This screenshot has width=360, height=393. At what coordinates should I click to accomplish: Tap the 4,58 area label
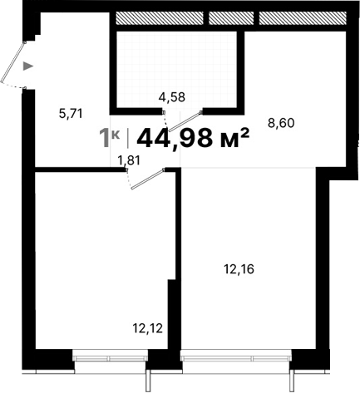point(171,96)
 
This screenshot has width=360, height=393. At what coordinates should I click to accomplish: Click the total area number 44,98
point(176,137)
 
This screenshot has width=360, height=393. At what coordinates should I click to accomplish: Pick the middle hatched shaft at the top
point(231,17)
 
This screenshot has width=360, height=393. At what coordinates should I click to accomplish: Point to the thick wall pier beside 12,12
point(174,316)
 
